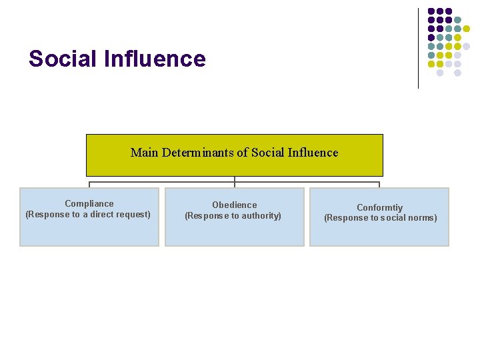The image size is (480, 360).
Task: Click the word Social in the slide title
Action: pyautogui.click(x=63, y=59)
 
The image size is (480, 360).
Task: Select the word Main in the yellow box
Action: pyautogui.click(x=145, y=153)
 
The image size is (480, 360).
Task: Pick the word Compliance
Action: pyautogui.click(x=89, y=204)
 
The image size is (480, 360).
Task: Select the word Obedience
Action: pyautogui.click(x=234, y=205)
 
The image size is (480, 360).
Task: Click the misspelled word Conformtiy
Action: pyautogui.click(x=379, y=208)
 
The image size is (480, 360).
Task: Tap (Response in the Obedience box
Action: pyautogui.click(x=204, y=216)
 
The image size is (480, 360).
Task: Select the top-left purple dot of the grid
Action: pyautogui.click(x=431, y=11)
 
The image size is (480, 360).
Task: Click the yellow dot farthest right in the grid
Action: pyautogui.click(x=466, y=29)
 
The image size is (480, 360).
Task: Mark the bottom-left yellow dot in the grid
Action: pyautogui.click(x=431, y=64)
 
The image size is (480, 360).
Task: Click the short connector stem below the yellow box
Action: pyautogui.click(x=235, y=179)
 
